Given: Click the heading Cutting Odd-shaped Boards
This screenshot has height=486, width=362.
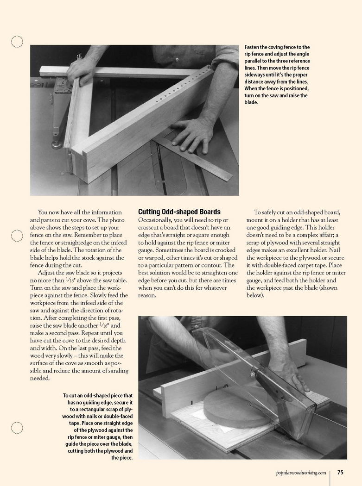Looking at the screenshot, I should coord(179,212).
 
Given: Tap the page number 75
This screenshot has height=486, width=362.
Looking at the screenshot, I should coord(340,473).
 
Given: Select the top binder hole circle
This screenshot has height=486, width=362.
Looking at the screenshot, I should coord(17,42).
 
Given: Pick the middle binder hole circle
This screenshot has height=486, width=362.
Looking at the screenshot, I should coord(17,235).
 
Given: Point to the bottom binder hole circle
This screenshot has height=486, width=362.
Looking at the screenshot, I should coord(17,428).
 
